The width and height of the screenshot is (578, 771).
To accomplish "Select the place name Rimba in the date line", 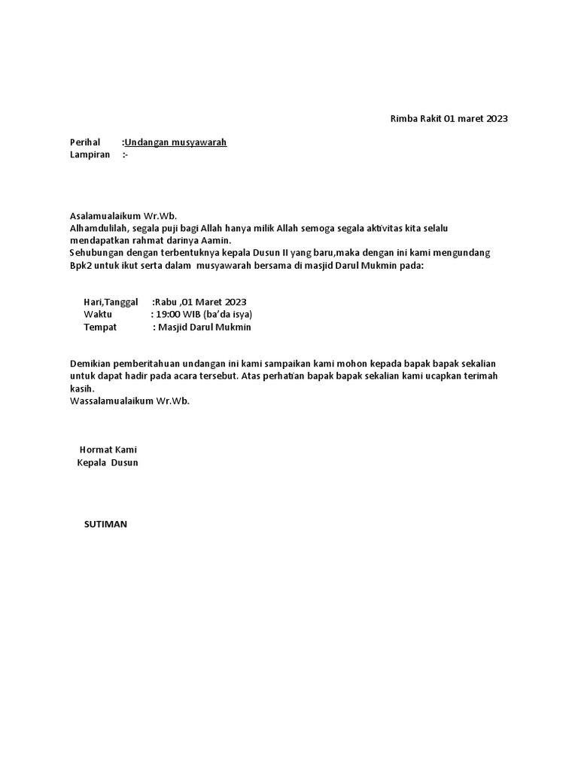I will pyautogui.click(x=403, y=118).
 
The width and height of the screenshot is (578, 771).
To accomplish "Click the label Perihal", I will pyautogui.click(x=84, y=142).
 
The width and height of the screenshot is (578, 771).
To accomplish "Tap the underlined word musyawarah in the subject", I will pyautogui.click(x=198, y=142).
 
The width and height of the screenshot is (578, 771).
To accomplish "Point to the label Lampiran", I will pyautogui.click(x=90, y=155).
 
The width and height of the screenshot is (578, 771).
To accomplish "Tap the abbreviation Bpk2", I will pyautogui.click(x=81, y=265).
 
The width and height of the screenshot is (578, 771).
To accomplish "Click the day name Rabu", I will pyautogui.click(x=166, y=302).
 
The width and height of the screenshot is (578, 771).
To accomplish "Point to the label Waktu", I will pyautogui.click(x=98, y=315).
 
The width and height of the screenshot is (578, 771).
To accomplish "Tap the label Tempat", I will pyautogui.click(x=99, y=328).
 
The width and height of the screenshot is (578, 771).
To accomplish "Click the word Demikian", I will pyautogui.click(x=92, y=364).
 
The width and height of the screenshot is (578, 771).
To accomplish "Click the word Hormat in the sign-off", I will pyautogui.click(x=96, y=450).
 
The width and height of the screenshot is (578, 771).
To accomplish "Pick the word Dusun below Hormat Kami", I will pyautogui.click(x=124, y=463).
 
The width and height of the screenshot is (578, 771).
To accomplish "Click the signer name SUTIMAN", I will pyautogui.click(x=105, y=524).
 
